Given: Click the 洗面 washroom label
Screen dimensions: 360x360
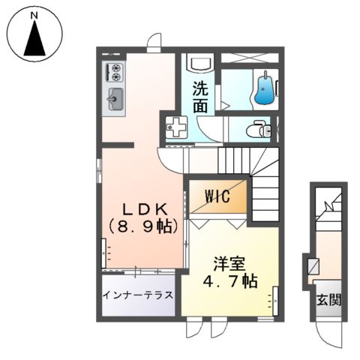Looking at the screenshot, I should tap(199, 96).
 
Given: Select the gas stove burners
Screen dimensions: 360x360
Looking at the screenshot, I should tap(116, 73).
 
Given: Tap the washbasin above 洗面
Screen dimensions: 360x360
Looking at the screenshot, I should tap(200, 63).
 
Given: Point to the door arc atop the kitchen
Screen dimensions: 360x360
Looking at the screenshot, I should tap(153, 41).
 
